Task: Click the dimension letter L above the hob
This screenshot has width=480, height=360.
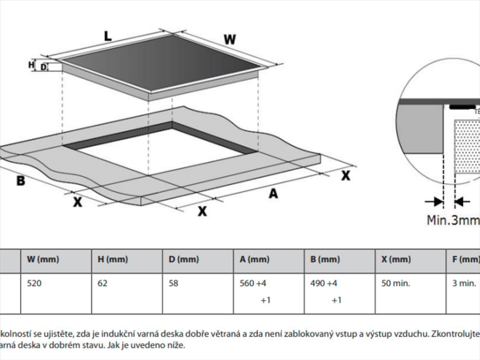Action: click(107, 35)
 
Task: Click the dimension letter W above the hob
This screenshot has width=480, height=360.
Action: click(229, 40)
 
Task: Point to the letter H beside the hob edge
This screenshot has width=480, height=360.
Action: click(32, 65)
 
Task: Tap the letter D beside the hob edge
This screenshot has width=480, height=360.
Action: click(43, 67)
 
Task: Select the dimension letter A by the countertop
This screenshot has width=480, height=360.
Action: click(273, 194)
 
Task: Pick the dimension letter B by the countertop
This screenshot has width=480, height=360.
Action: click(20, 181)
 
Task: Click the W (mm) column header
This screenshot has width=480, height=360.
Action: click(43, 260)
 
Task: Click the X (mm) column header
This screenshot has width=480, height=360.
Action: click(396, 260)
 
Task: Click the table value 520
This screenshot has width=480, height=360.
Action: click(34, 283)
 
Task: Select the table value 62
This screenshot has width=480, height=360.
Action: click(103, 283)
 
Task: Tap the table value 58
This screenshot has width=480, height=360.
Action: click(174, 283)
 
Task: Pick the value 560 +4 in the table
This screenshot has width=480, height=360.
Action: click(253, 283)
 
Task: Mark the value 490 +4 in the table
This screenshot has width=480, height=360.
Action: click(324, 283)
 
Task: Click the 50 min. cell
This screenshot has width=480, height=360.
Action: click(396, 283)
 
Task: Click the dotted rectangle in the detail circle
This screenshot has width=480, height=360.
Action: click(467, 148)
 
